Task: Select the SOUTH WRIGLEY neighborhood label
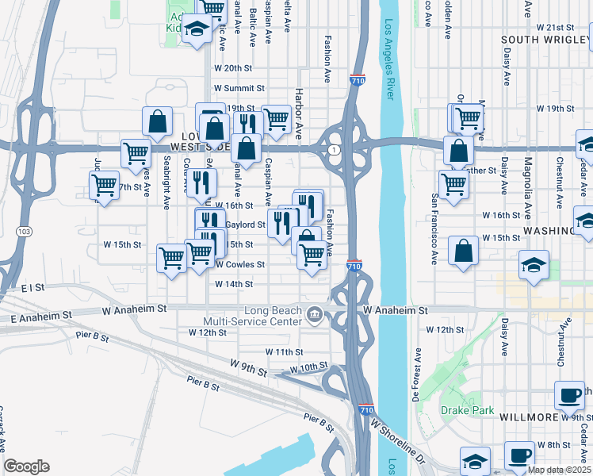point(546,39)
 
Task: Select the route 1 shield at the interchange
point(336,150)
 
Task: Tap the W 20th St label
point(232,68)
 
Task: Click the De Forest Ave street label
point(415,370)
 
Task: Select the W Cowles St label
point(239,264)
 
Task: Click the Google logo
point(26,466)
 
